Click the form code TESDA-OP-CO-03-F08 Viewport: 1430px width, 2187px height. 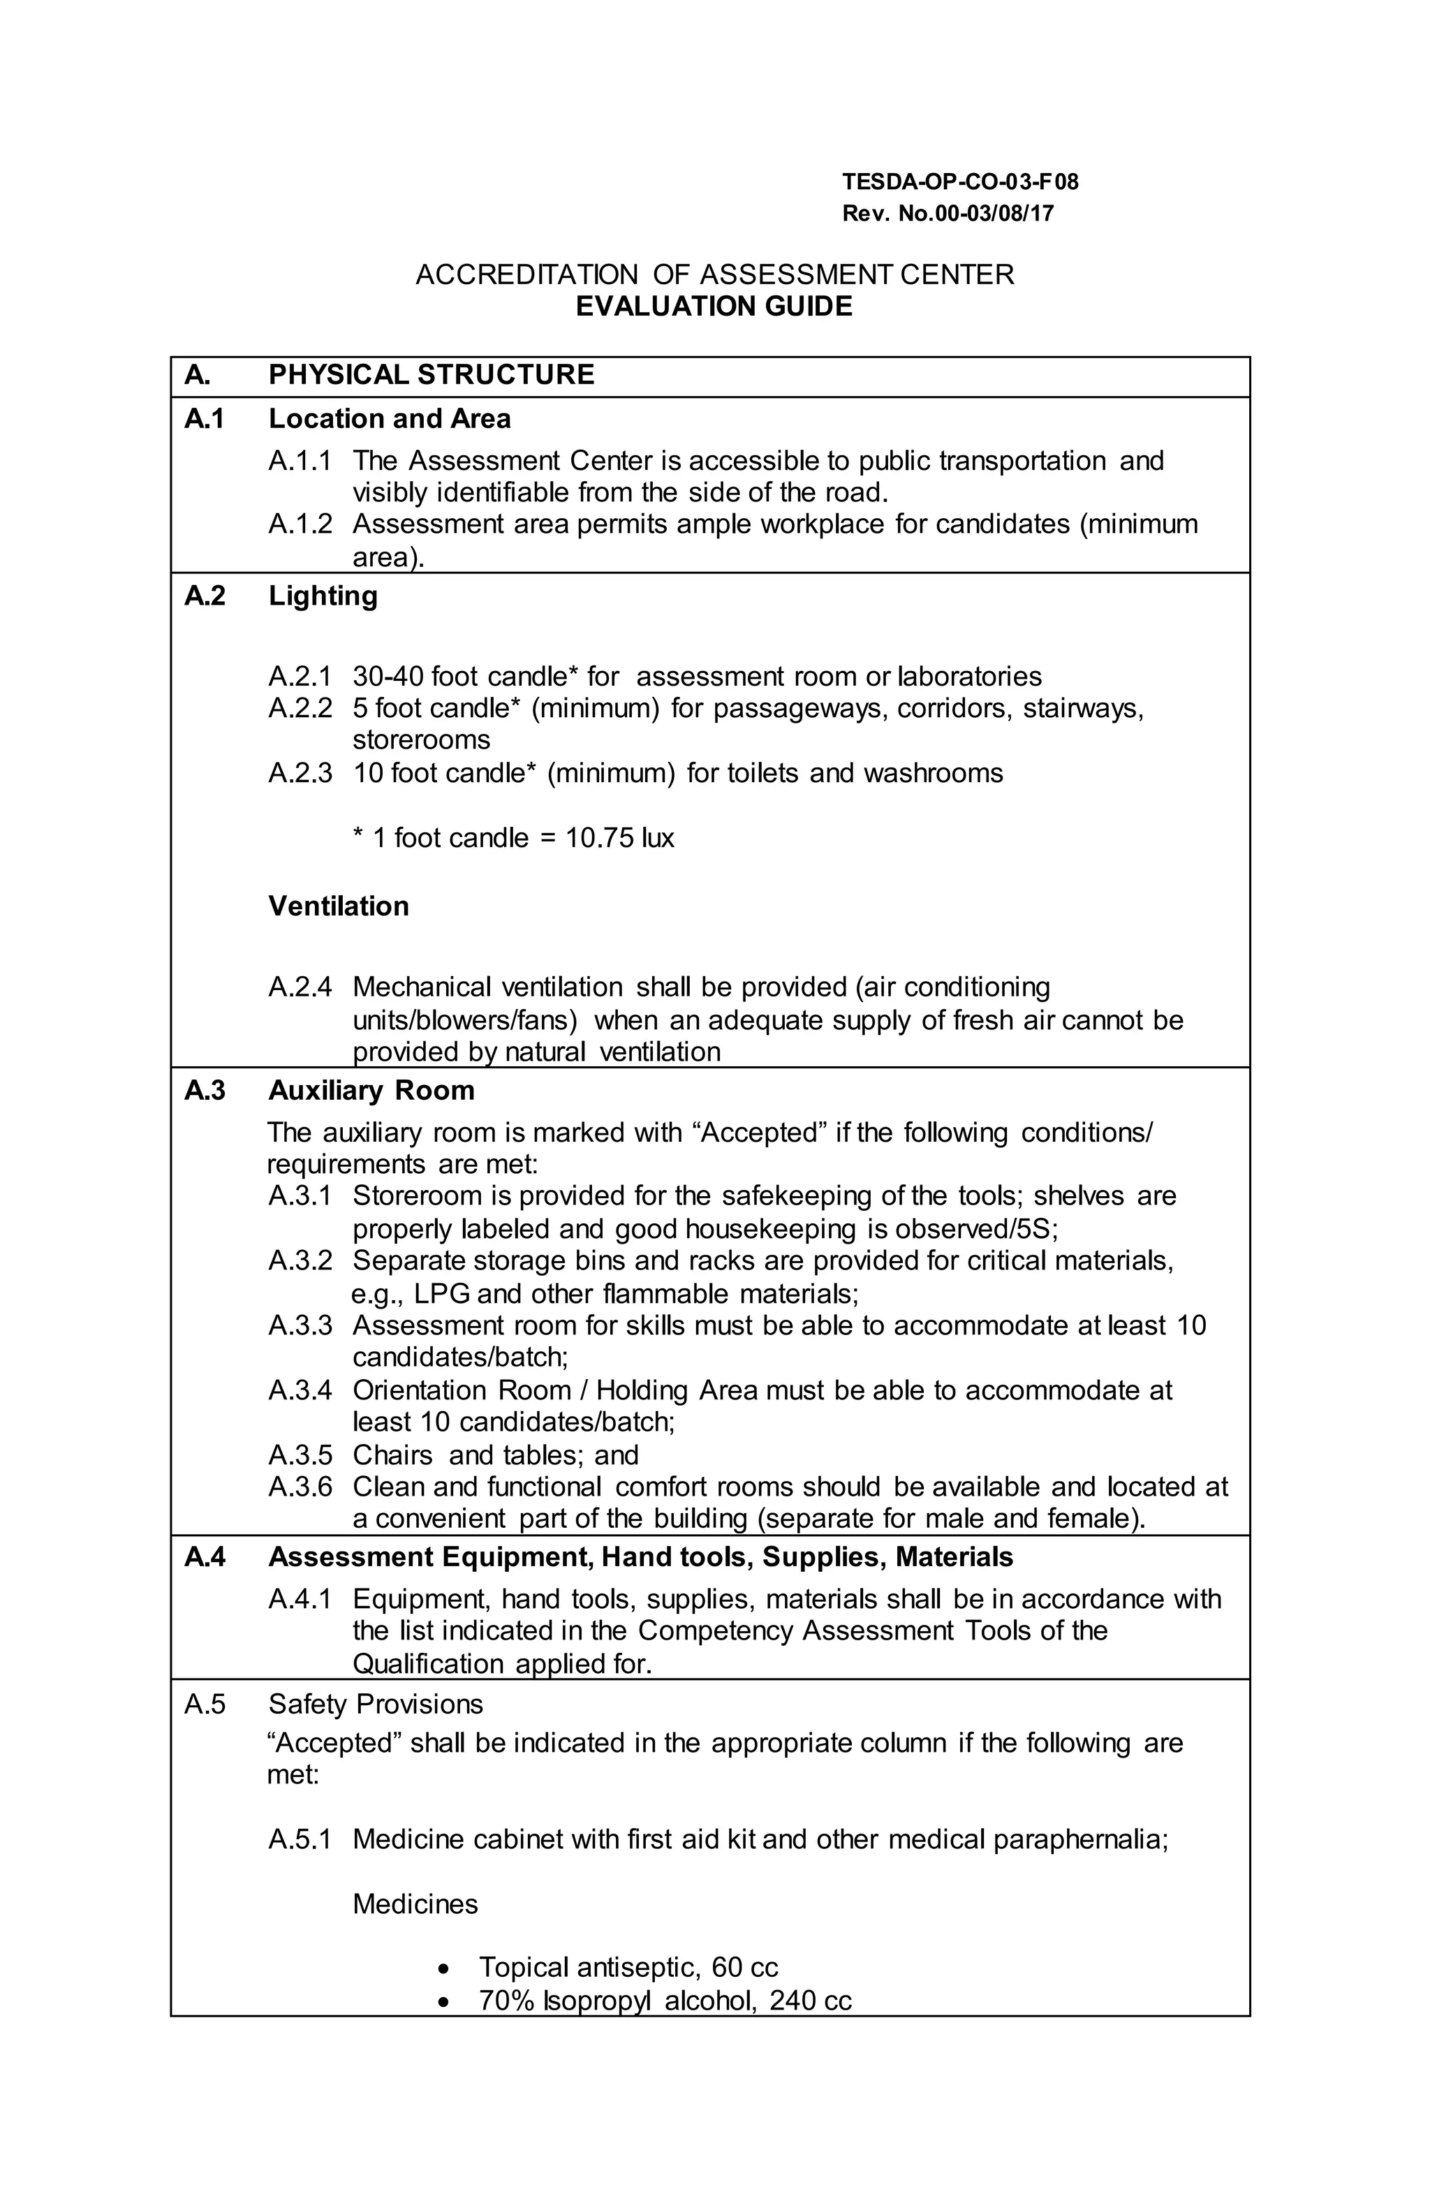tap(959, 182)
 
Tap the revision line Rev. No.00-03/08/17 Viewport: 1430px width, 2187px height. tap(948, 214)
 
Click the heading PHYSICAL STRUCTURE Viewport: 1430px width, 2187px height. tap(431, 375)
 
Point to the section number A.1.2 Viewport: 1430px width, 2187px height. tap(300, 524)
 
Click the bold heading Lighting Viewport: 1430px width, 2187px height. tap(323, 596)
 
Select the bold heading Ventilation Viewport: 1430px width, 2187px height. tap(338, 906)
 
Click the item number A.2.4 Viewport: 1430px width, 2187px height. tap(300, 987)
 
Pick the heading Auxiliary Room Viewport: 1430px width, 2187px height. tap(371, 1091)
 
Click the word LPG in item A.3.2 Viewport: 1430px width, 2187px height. tap(441, 1294)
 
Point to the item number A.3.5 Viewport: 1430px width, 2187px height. tap(300, 1455)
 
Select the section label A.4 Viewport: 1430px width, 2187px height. tap(204, 1558)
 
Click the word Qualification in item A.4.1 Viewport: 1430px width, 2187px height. tap(427, 1664)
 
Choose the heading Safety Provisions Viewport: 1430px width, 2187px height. tap(375, 1704)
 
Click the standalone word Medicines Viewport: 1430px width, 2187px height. tap(415, 1904)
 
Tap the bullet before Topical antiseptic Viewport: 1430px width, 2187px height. tap(445, 1968)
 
